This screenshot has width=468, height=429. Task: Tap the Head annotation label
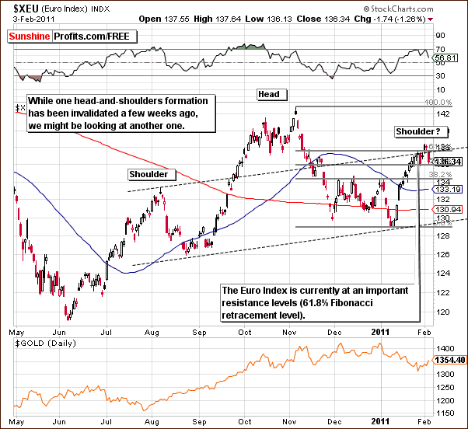pos(270,94)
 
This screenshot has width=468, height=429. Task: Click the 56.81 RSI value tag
pos(444,58)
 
